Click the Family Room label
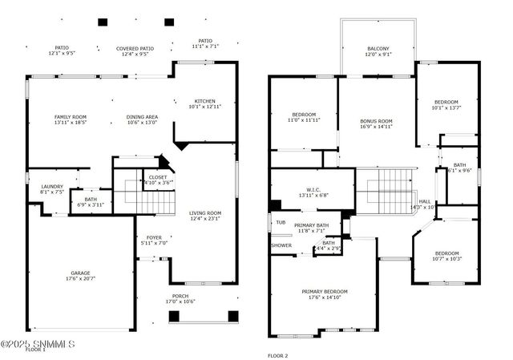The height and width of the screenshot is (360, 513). coord(71,120)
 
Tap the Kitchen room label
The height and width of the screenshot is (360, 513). coord(205,103)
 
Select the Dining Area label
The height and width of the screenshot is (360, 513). coord(142,120)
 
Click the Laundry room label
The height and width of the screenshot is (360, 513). coord(52,189)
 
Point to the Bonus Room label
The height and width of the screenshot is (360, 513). coord(375,123)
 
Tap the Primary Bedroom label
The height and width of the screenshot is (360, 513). coord(325,294)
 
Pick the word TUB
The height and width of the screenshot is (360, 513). coord(281,222)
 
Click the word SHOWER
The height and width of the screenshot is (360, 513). coord(281,245)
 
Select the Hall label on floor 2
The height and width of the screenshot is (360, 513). coord(425,204)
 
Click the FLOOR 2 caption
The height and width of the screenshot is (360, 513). coord(277,354)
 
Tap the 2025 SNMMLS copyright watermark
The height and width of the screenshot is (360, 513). coord(38,345)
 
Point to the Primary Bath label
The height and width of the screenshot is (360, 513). coord(311,229)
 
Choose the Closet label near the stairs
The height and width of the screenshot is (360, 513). coord(158,179)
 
